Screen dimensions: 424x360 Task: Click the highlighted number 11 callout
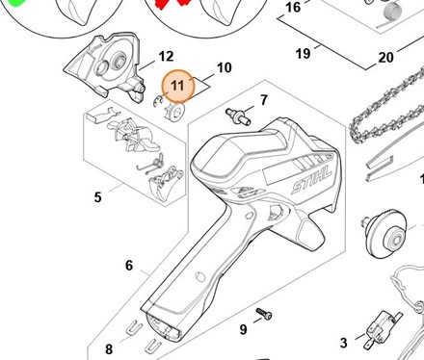[178, 86]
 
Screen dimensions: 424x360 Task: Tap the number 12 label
[166, 57]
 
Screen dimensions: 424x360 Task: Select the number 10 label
[225, 67]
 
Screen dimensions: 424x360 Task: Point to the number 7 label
[264, 100]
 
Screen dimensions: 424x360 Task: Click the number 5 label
[98, 197]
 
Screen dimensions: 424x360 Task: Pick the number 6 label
[129, 266]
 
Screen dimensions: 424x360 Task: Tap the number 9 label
[244, 329]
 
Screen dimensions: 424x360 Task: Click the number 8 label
[109, 349]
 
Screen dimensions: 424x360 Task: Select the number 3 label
[344, 343]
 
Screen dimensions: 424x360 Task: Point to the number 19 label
[304, 53]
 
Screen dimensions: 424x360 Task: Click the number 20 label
[385, 58]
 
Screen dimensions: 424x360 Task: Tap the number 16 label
[293, 7]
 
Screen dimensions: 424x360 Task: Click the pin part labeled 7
[238, 116]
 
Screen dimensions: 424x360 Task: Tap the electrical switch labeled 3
[382, 328]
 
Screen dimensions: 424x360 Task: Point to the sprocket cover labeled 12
[105, 67]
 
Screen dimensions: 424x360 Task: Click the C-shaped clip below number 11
[157, 101]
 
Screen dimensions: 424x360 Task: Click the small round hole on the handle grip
[200, 276]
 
